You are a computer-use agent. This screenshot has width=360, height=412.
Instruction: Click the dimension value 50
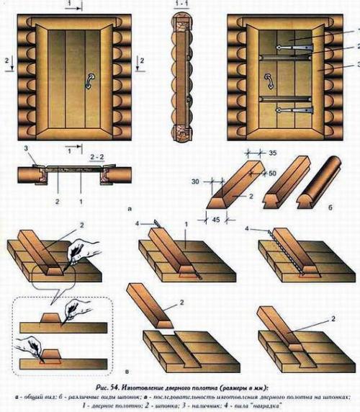[x=271, y=173]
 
